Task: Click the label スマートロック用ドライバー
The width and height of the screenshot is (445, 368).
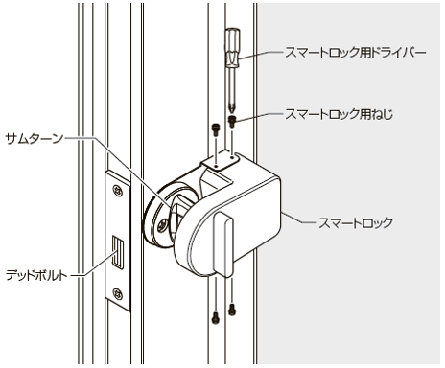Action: pos(356,53)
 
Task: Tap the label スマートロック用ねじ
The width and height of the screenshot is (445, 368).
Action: pos(339,114)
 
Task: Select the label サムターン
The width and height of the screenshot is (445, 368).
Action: pos(35,139)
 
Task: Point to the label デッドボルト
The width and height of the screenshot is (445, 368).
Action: pos(36,275)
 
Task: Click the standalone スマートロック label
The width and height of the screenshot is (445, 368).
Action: pos(356,222)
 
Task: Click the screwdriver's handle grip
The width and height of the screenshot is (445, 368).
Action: pos(232,48)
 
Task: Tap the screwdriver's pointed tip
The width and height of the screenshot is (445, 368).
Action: pos(232,110)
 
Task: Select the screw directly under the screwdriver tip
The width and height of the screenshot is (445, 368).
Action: pos(232,121)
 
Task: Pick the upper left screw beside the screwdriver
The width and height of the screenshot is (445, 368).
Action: pos(216,128)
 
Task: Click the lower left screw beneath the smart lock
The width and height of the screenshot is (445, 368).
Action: pos(216,318)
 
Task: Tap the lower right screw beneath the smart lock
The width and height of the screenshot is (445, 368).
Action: pos(232,310)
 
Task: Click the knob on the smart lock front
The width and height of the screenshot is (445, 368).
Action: pos(224,244)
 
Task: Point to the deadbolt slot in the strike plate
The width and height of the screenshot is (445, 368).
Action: pos(118,252)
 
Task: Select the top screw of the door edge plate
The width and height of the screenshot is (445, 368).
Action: pos(118,191)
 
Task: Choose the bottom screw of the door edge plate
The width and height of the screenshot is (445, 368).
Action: pos(118,293)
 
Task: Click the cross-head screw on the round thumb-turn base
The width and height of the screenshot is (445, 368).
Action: pos(162,225)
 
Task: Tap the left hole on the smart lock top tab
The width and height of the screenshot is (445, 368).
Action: pos(216,167)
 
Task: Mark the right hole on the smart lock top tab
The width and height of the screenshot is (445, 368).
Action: pos(232,157)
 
